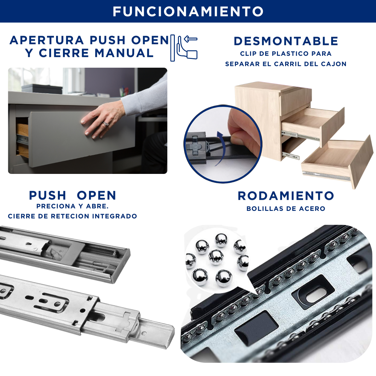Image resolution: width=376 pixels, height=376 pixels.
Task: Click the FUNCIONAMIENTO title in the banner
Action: [x=188, y=11]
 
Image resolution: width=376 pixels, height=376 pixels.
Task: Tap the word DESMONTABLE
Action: [x=286, y=41]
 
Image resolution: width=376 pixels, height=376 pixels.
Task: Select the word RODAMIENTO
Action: [x=286, y=196]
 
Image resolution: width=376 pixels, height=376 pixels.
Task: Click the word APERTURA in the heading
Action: [x=47, y=40]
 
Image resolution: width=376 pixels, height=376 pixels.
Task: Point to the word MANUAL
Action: [x=124, y=53]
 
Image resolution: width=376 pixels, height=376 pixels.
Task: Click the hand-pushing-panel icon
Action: [x=184, y=48]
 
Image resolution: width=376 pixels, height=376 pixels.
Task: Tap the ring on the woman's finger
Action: [x=106, y=123]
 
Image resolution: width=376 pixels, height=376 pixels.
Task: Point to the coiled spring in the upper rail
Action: [x=100, y=250]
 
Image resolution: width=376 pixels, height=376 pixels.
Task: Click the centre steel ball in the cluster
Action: [x=216, y=257]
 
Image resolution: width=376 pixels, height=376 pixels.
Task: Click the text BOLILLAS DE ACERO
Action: [x=286, y=209]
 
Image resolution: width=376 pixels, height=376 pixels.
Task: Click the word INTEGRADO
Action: [x=115, y=216]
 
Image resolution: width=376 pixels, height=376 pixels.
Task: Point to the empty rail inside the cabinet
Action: [x=290, y=155]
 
